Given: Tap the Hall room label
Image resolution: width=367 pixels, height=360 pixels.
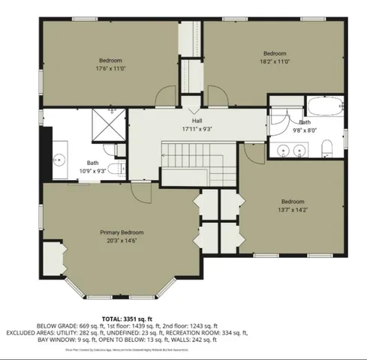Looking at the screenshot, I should [197, 120].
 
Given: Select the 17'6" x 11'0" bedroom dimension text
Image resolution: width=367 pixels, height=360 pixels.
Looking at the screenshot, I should [110, 68].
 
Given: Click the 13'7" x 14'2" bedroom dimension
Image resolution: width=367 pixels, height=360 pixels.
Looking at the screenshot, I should [293, 210].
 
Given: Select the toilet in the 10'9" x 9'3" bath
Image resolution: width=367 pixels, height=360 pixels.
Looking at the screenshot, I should [113, 169].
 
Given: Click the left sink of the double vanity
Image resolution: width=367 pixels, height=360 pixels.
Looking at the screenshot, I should [284, 151].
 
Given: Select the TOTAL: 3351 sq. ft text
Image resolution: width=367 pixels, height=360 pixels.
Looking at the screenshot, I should [184, 318].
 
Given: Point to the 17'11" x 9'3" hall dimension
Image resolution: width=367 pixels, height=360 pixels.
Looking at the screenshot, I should [197, 128].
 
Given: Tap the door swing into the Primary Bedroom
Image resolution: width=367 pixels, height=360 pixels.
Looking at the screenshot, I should [140, 190].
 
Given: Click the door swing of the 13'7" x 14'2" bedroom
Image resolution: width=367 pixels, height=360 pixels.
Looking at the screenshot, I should [255, 154].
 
